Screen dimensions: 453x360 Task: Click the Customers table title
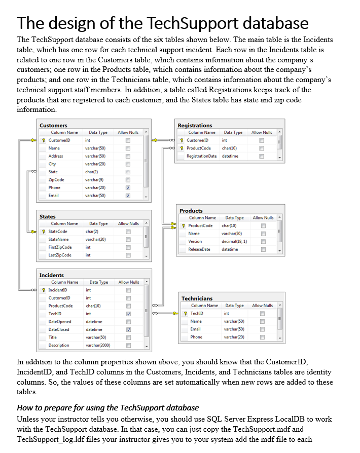53,125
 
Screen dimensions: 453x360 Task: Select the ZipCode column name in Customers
56,179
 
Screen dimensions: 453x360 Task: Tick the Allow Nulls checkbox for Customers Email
128,196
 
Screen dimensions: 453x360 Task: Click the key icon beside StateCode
44,232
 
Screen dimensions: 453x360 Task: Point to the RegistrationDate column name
201,156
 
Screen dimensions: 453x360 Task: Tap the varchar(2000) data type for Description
98,345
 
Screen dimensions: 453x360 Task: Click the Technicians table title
197,298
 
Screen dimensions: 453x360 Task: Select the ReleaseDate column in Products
199,249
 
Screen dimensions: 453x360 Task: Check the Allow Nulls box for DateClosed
128,329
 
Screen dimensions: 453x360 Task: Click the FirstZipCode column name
60,247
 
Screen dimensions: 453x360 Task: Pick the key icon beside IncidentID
44,290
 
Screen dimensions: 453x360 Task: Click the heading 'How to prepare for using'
107,407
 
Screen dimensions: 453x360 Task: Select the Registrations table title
195,125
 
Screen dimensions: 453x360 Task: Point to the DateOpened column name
59,321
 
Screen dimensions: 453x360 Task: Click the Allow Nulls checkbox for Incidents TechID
128,314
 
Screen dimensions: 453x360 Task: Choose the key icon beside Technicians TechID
186,314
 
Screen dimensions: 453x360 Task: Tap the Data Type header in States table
98,223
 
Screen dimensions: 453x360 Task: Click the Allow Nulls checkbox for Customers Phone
128,187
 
